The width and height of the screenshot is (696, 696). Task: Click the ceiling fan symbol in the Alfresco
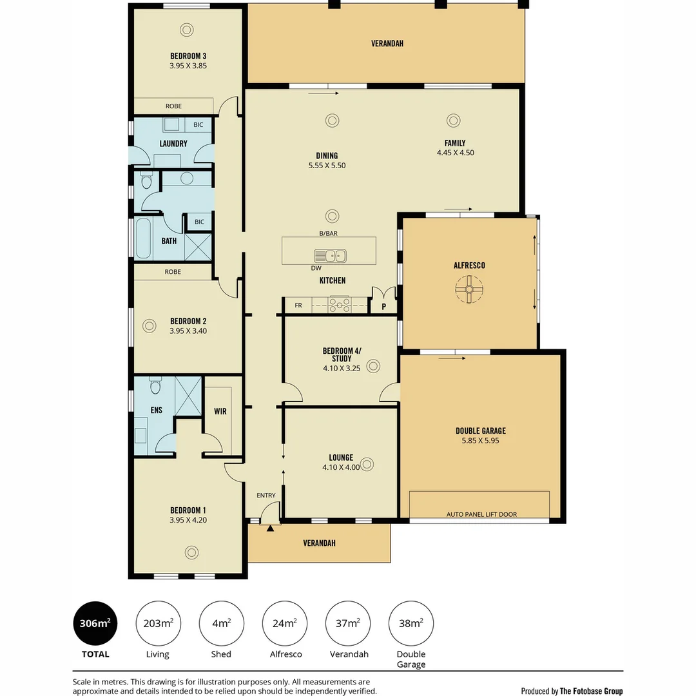pos(469,289)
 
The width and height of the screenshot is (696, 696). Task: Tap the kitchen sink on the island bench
pos(330,256)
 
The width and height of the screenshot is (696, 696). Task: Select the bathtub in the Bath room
pos(142,238)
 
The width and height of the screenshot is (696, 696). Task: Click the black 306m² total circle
pos(95,623)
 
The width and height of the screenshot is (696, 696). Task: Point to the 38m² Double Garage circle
pos(411,623)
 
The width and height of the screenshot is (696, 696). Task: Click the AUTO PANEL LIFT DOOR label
pos(481,514)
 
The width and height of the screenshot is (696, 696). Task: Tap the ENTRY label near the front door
pos(266,496)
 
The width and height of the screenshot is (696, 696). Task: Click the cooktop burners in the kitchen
pos(339,305)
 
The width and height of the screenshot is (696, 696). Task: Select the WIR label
pos(220,411)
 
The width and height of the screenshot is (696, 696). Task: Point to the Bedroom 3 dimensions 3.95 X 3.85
pos(188,66)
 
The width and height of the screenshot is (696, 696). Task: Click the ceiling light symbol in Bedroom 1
pos(192,553)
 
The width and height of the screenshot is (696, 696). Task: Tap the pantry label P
pos(384,306)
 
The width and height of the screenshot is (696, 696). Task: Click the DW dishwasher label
pos(316,268)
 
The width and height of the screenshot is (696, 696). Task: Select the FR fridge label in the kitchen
pos(298,305)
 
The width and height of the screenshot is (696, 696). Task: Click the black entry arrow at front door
pos(270,528)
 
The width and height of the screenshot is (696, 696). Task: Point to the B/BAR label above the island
pos(329,233)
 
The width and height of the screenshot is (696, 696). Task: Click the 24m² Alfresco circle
pos(285,623)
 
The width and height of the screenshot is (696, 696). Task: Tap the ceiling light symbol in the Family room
pos(453,121)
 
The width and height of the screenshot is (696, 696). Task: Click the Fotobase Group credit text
pos(572,691)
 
